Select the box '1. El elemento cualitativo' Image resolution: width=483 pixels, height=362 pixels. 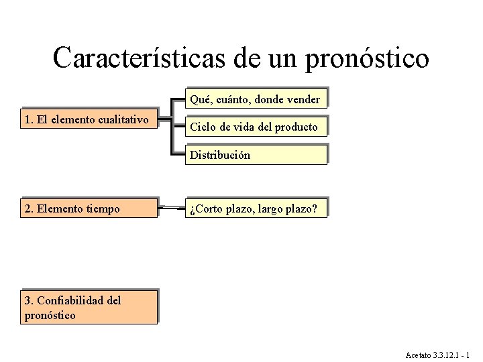pyautogui.click(x=89, y=119)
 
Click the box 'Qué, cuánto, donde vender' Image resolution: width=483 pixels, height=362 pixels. pyautogui.click(x=256, y=99)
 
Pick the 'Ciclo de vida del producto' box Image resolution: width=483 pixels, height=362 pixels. pyautogui.click(x=256, y=127)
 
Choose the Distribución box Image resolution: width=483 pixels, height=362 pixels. pyautogui.click(x=256, y=155)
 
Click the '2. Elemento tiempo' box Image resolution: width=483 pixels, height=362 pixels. pyautogui.click(x=89, y=208)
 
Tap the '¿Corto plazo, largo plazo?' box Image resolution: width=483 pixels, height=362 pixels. pyautogui.click(x=256, y=208)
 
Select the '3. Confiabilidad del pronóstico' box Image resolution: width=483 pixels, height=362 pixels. pyautogui.click(x=89, y=308)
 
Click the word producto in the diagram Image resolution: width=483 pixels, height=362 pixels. pyautogui.click(x=297, y=127)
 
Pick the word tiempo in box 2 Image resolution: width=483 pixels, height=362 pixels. pyautogui.click(x=103, y=208)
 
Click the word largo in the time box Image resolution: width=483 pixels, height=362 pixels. pyautogui.click(x=268, y=208)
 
